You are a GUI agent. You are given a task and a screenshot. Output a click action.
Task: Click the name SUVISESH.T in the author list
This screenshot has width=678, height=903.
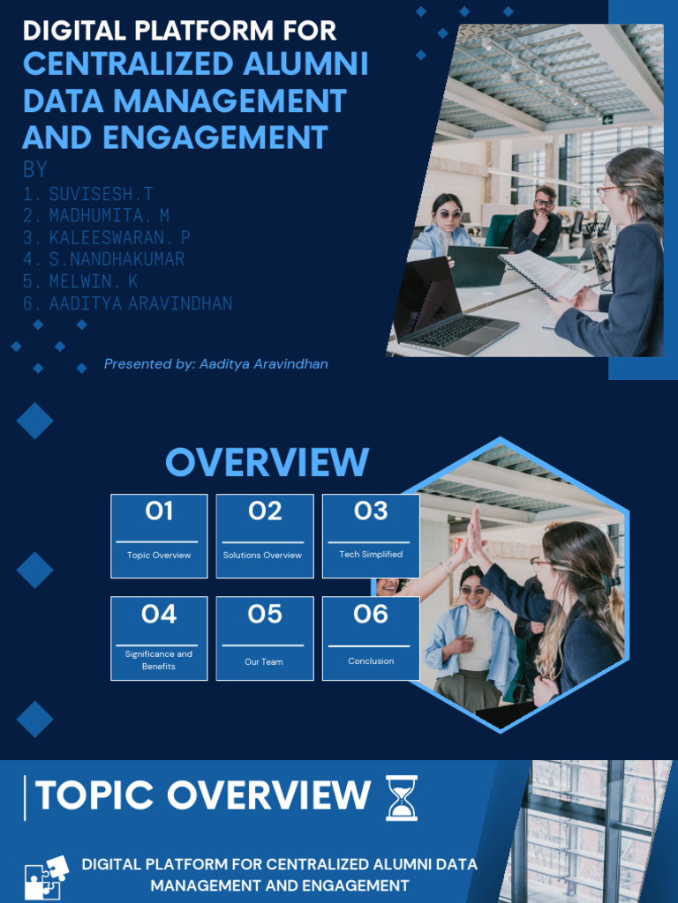point(101,193)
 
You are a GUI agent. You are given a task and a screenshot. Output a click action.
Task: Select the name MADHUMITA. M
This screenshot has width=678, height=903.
point(109,215)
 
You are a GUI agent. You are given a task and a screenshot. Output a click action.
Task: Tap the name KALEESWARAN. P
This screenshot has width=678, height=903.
point(119,237)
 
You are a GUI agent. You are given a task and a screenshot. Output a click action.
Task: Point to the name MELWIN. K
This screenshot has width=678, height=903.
point(94,281)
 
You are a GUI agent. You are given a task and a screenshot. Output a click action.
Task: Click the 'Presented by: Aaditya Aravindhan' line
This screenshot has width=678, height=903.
point(215,364)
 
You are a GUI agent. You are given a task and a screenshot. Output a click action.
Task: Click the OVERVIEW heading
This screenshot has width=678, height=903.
point(267,462)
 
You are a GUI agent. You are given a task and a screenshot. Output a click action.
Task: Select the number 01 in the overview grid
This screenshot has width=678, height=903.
point(159,511)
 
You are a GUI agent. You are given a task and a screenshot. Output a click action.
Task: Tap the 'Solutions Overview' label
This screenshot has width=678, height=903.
point(262,556)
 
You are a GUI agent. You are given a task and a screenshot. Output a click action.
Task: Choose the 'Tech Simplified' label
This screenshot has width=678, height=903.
point(371,554)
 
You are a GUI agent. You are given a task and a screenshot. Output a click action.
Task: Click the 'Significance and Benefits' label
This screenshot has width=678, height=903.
point(159,660)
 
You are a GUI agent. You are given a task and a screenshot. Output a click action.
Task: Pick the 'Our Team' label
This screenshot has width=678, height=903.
point(264,661)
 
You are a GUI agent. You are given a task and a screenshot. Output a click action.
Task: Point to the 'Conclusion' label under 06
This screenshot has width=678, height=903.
point(371,661)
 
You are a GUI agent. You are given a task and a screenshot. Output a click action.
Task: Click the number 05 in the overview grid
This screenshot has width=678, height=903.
point(265,614)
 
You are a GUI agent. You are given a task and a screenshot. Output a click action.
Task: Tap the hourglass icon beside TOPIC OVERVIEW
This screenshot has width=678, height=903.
point(402,797)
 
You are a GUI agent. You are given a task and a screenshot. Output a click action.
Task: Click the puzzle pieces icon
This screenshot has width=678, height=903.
point(46,877)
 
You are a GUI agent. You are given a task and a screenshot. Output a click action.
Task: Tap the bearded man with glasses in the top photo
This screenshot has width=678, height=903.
point(538,221)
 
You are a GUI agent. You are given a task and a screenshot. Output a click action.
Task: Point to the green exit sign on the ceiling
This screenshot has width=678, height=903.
point(607,119)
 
